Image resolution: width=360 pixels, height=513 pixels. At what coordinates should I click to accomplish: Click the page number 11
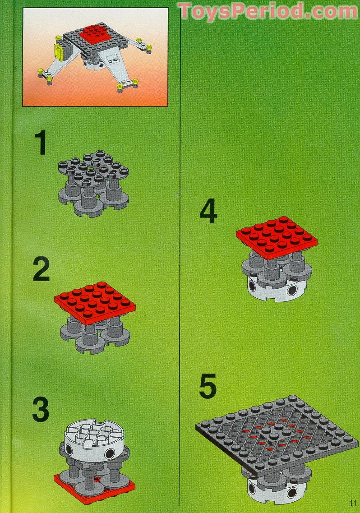[352, 504]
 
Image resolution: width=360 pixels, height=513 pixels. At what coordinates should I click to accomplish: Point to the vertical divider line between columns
[180, 271]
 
